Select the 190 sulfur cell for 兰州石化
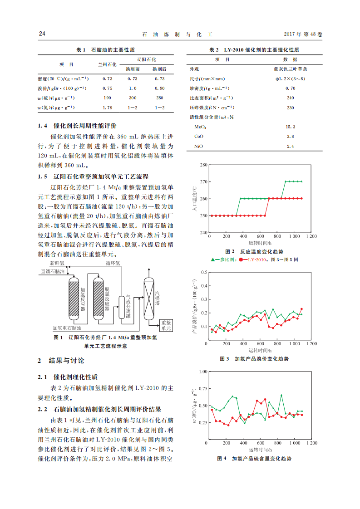click(x=108, y=98)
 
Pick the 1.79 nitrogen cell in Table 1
click(x=108, y=108)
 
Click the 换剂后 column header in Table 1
click(x=159, y=69)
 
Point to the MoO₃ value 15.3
click(x=291, y=127)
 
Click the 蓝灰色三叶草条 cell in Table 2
click(x=291, y=69)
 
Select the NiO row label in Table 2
click(x=199, y=146)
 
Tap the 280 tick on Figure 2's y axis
click(x=203, y=165)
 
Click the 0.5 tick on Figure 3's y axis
click(x=204, y=272)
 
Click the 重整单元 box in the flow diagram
click(x=166, y=325)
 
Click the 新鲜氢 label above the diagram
click(x=57, y=263)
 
